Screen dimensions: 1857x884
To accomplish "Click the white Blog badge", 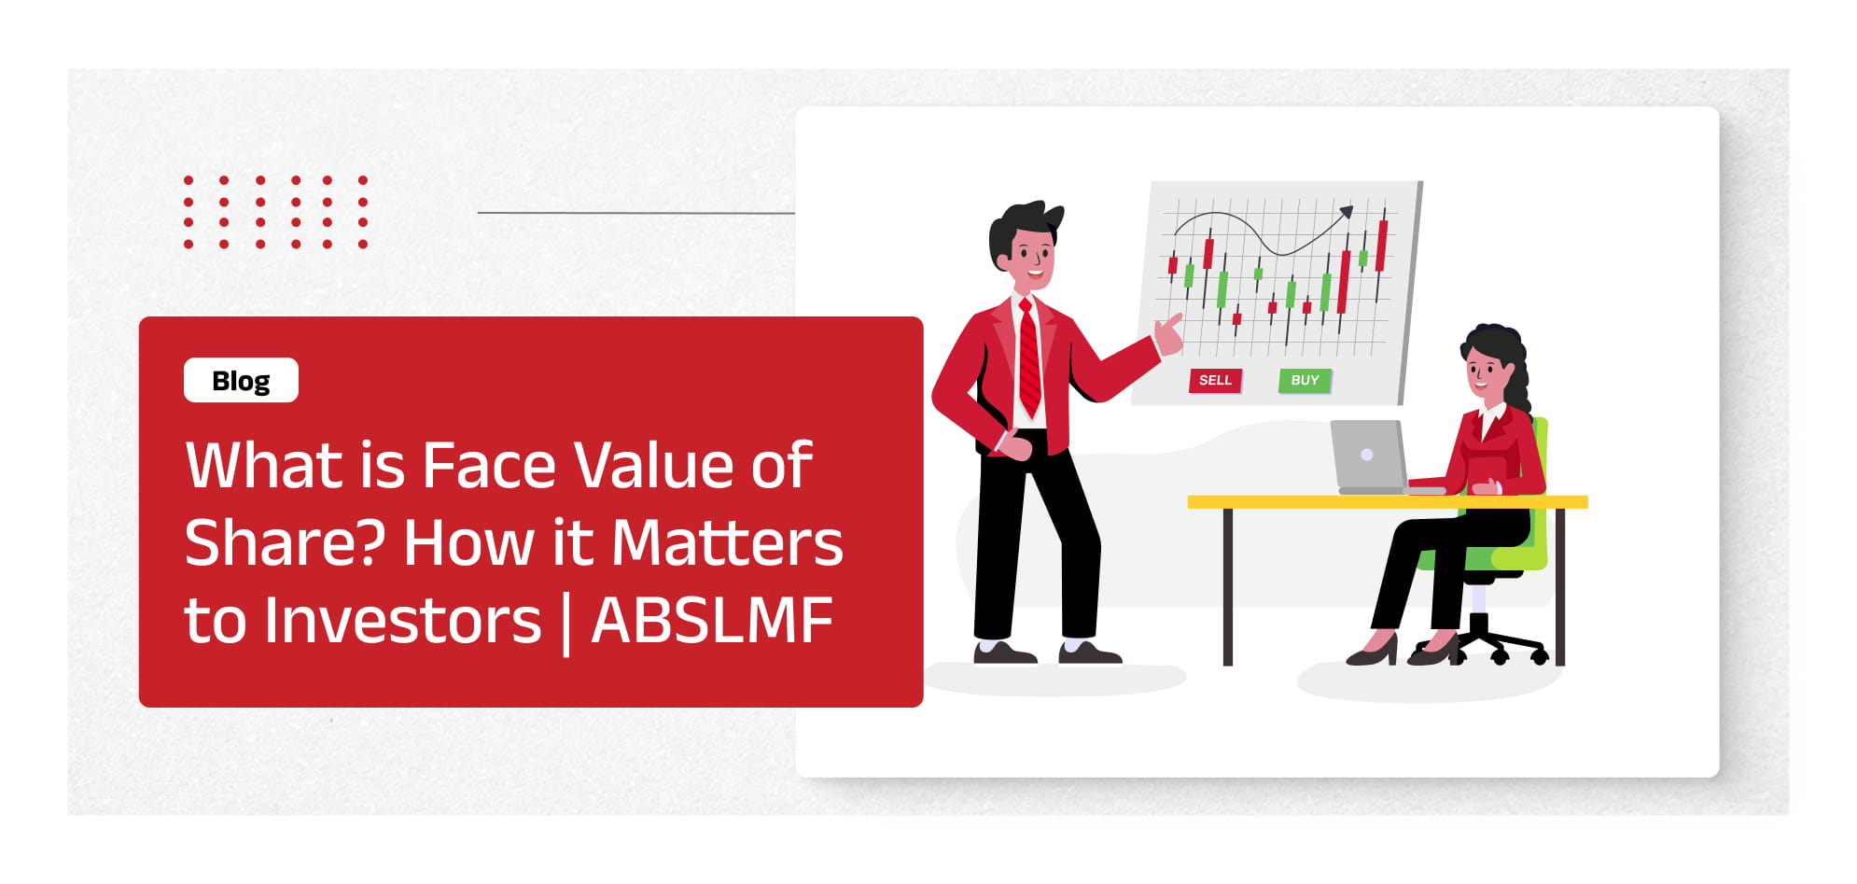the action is [241, 380].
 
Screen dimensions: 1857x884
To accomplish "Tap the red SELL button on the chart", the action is [1215, 380].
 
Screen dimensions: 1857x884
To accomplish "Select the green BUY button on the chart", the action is [1305, 380].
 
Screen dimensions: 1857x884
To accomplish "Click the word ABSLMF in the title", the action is [712, 621].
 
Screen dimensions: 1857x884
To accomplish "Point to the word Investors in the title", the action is [402, 621].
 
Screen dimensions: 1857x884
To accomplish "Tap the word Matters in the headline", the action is [727, 543].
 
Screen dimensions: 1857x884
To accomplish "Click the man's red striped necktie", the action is [1028, 358].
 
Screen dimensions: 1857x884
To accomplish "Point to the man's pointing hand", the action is [1168, 333].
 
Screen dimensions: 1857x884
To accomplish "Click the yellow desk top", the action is [1388, 502].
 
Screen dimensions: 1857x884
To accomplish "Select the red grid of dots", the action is [275, 212].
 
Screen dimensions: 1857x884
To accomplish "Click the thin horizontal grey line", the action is [635, 213].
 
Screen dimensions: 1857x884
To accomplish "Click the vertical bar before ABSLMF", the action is [566, 623].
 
